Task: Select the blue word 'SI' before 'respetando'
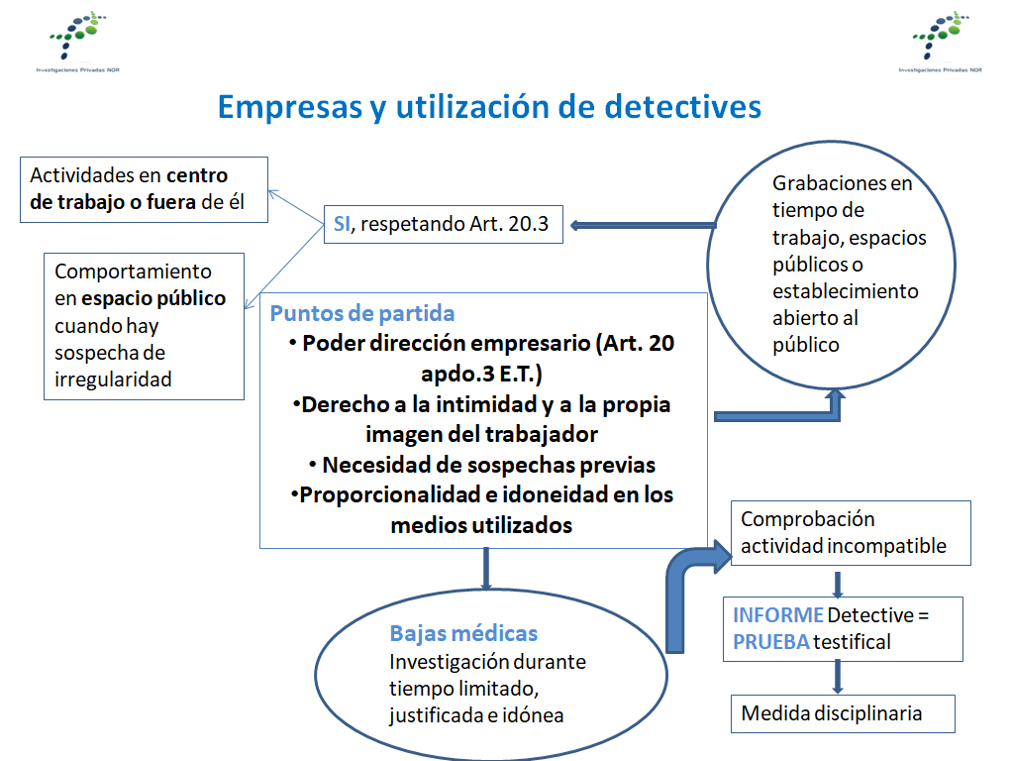click(x=342, y=224)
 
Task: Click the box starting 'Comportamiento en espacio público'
click(x=144, y=325)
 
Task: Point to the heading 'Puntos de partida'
click(x=362, y=314)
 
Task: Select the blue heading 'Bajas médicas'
click(x=463, y=634)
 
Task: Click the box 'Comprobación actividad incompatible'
click(x=850, y=533)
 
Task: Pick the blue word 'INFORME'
click(x=777, y=615)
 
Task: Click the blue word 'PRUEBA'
click(x=770, y=641)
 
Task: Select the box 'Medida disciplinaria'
click(x=843, y=713)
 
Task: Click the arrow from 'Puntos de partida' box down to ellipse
click(x=485, y=570)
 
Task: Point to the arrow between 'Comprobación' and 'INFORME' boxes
click(x=838, y=582)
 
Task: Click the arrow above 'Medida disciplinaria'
click(x=838, y=678)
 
